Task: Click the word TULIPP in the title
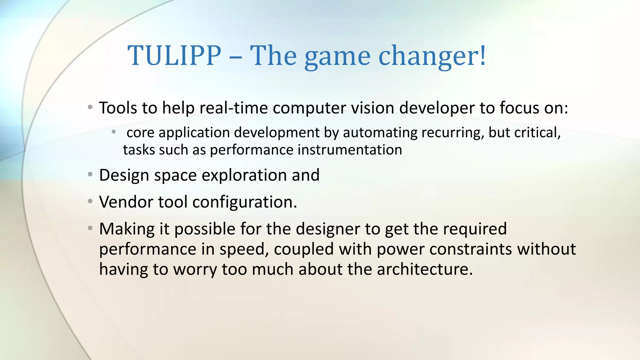tap(174, 56)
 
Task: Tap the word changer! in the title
tap(432, 56)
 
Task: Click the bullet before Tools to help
tap(90, 107)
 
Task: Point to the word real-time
tap(233, 108)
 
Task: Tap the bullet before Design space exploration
tap(90, 174)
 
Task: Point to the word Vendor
tap(126, 202)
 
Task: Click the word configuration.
tap(244, 202)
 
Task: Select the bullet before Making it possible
tap(90, 228)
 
